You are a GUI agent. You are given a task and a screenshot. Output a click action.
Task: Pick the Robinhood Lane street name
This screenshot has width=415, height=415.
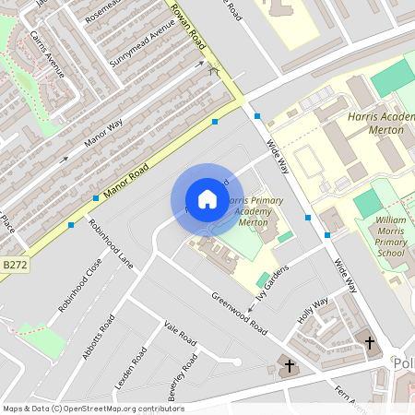tap(111, 243)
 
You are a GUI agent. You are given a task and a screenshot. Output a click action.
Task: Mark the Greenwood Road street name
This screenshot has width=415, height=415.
tap(239, 314)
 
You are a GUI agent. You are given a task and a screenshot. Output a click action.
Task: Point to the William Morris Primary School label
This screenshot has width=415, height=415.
tap(390, 236)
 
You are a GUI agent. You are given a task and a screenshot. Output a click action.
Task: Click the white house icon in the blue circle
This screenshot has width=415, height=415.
tap(207, 198)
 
